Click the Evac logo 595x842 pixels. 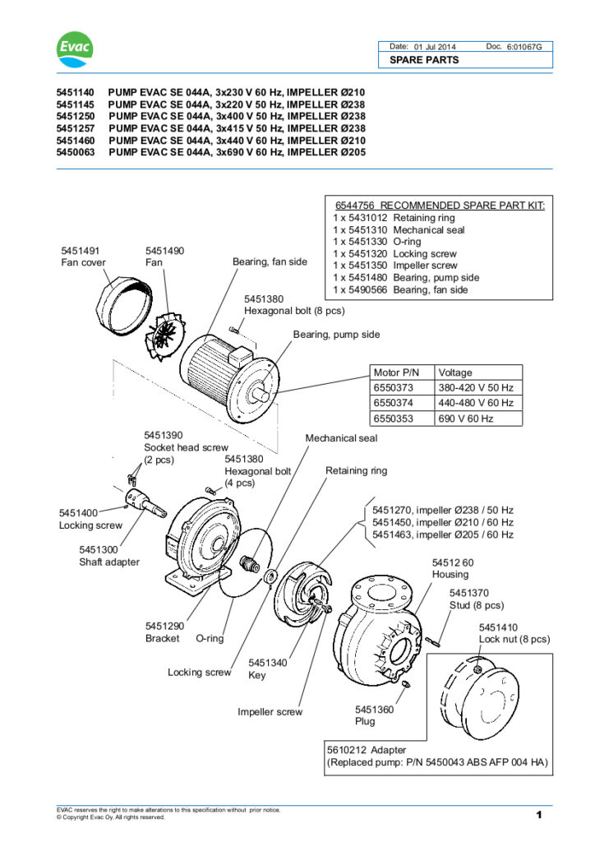pyautogui.click(x=74, y=50)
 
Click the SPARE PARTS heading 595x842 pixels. pyautogui.click(x=424, y=60)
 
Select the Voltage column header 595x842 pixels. pyautogui.click(x=455, y=372)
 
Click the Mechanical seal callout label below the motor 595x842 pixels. pyautogui.click(x=341, y=438)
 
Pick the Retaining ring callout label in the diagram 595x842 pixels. pyautogui.click(x=356, y=471)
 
